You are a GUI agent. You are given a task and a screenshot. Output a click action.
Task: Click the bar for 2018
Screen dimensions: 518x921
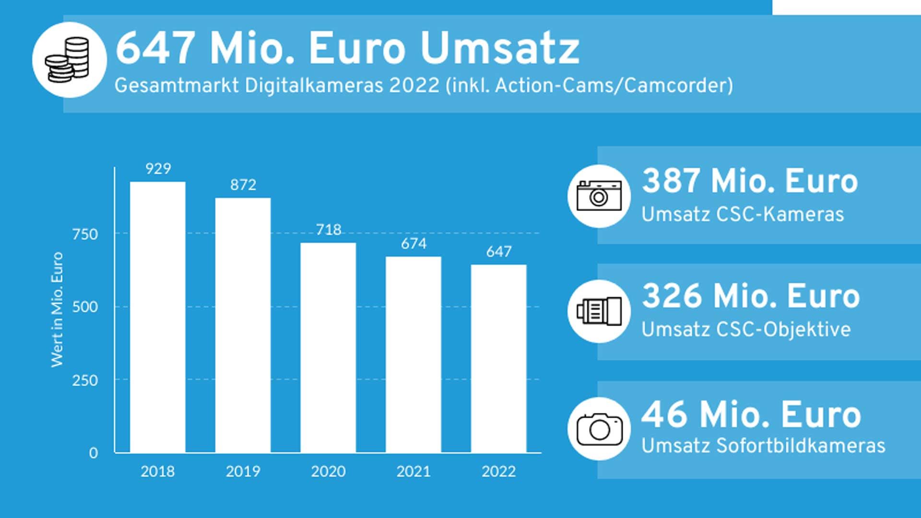point(157,317)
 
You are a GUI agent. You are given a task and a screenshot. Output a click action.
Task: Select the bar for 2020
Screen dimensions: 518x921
point(328,347)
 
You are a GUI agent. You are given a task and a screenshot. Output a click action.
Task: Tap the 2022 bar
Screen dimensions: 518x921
point(498,358)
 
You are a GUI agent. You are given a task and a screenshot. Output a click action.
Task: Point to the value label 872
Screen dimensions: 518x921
point(243,185)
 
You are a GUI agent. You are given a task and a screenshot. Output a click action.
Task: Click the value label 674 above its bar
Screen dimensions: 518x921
point(413,244)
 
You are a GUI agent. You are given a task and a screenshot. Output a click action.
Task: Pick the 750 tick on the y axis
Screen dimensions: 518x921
point(85,235)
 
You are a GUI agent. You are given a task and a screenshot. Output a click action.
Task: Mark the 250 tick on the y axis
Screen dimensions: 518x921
point(85,380)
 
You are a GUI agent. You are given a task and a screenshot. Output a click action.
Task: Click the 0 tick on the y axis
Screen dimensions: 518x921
point(93,453)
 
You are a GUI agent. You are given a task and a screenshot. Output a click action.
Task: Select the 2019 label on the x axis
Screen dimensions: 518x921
point(243,471)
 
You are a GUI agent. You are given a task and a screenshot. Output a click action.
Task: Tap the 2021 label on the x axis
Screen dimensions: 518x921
point(413,471)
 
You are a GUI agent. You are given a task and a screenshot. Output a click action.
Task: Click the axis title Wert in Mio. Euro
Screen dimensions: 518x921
point(57,310)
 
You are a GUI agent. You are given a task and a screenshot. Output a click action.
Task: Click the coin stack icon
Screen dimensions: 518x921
point(69,60)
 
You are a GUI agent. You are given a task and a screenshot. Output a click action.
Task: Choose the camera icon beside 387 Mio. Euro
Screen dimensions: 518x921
point(599,196)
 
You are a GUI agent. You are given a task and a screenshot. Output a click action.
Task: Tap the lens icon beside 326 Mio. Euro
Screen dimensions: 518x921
point(599,311)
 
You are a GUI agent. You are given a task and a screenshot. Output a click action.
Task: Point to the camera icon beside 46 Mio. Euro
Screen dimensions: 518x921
point(599,428)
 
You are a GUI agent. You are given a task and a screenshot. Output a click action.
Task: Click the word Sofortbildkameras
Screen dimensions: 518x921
point(801,446)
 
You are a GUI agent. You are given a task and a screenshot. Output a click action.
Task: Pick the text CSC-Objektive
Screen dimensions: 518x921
point(783,330)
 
